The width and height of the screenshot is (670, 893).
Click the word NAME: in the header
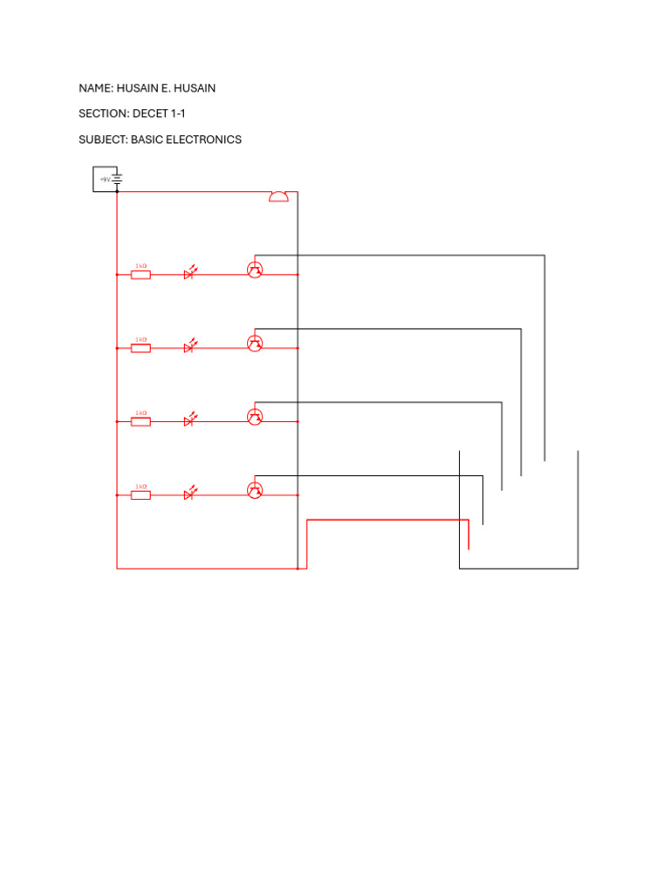pyautogui.click(x=96, y=88)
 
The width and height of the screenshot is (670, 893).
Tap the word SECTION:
pyautogui.click(x=103, y=113)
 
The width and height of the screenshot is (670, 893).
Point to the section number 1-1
pyautogui.click(x=178, y=113)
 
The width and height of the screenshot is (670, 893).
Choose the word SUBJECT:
pyautogui.click(x=103, y=140)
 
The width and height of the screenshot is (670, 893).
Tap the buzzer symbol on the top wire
pyautogui.click(x=277, y=196)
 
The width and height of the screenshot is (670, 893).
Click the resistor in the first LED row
pyautogui.click(x=140, y=275)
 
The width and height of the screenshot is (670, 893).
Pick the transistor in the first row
pyautogui.click(x=255, y=270)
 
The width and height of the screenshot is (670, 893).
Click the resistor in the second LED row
pyautogui.click(x=140, y=348)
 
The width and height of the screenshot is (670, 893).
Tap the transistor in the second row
pyautogui.click(x=255, y=344)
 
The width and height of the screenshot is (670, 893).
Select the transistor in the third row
pyautogui.click(x=255, y=417)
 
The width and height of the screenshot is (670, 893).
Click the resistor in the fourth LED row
pyautogui.click(x=140, y=495)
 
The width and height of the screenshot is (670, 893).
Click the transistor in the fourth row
pyautogui.click(x=255, y=490)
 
